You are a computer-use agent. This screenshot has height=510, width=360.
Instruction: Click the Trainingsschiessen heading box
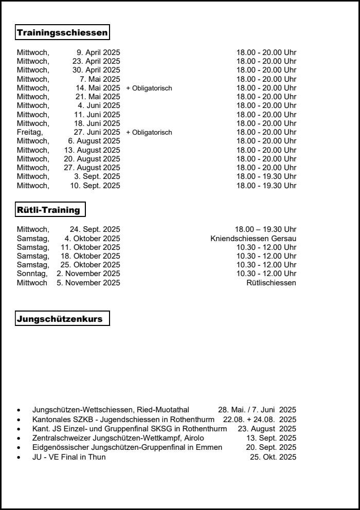[x=62, y=33]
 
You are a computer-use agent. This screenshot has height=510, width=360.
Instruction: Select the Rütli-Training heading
[x=50, y=210]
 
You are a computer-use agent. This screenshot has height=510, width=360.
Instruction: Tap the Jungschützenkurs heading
[x=62, y=319]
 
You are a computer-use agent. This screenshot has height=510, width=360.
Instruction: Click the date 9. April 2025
[x=98, y=52]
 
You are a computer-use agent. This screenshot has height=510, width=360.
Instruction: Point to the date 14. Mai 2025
[x=98, y=88]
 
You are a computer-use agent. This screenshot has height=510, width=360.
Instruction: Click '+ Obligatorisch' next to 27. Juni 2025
[x=149, y=133]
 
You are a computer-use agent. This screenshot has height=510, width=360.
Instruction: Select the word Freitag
[x=30, y=132]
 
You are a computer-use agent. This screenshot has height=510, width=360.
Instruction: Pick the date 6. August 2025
[x=94, y=141]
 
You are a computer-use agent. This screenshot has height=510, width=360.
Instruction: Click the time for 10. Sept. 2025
[x=266, y=186]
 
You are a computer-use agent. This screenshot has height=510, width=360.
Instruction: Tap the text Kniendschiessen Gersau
[x=253, y=239]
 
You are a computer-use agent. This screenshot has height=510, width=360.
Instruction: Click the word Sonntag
[x=32, y=274]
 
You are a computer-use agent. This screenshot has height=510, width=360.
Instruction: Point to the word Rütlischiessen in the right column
[x=271, y=283]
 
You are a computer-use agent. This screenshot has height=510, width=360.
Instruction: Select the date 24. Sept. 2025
[x=95, y=229]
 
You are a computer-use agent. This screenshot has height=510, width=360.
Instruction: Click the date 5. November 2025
[x=88, y=283]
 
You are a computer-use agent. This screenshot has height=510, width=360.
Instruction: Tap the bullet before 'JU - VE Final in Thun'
[x=19, y=458]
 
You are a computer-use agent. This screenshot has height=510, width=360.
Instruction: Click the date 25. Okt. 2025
[x=273, y=457]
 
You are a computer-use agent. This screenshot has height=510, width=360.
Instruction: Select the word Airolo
[x=194, y=438]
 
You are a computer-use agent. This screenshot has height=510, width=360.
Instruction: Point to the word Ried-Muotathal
[x=163, y=410]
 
